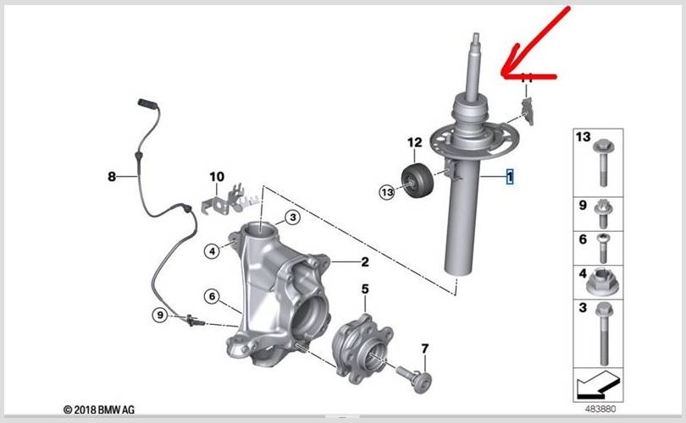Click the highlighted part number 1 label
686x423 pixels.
coord(510,177)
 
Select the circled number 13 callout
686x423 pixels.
coord(387,192)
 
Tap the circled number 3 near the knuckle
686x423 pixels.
coord(293,217)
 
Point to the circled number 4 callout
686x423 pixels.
coord(213,251)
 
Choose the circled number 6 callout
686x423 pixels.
coord(213,297)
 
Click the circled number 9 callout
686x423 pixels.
coord(160,315)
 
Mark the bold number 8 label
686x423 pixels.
coord(112,177)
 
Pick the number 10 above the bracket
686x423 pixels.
coord(217,177)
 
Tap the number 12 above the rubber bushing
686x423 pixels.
coord(415,142)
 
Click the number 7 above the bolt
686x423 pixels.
coord(425,349)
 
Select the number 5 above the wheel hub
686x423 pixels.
coord(365,288)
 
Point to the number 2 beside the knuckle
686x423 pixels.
coord(365,261)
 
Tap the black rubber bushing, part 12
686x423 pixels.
coord(418,179)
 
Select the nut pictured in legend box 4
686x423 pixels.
coord(600,283)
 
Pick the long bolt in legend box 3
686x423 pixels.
coord(604,333)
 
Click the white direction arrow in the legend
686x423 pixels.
coord(598,385)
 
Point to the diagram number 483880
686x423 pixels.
coord(600,409)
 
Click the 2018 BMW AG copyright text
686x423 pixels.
coord(99,410)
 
